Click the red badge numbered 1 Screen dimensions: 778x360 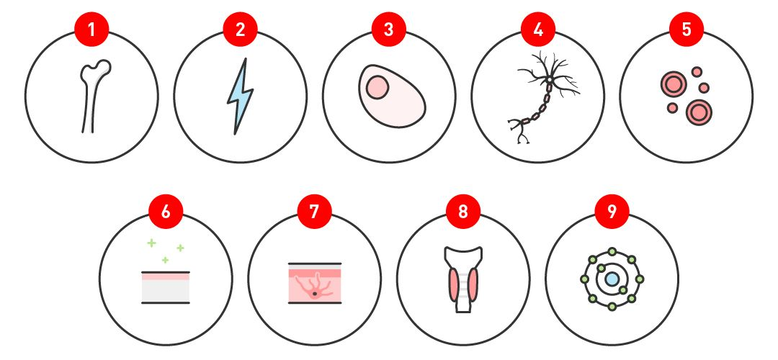coord(91,30)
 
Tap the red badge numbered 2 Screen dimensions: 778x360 coord(240,30)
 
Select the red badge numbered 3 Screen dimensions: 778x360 coord(388,30)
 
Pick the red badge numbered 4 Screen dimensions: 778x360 coord(537,30)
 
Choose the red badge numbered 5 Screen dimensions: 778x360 coord(687,30)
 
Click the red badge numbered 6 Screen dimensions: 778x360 coord(166,212)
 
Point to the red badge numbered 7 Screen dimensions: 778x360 coord(314,212)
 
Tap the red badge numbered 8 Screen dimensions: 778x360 coord(463,212)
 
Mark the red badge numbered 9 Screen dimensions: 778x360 coord(612,212)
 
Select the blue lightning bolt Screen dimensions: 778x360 coord(240,96)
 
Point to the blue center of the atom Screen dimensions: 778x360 coord(612,279)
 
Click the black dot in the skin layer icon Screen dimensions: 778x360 coord(315,294)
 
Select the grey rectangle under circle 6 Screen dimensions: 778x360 coord(166,291)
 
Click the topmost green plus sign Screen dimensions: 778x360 coord(151,243)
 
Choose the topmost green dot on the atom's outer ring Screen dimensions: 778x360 coord(612,251)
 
